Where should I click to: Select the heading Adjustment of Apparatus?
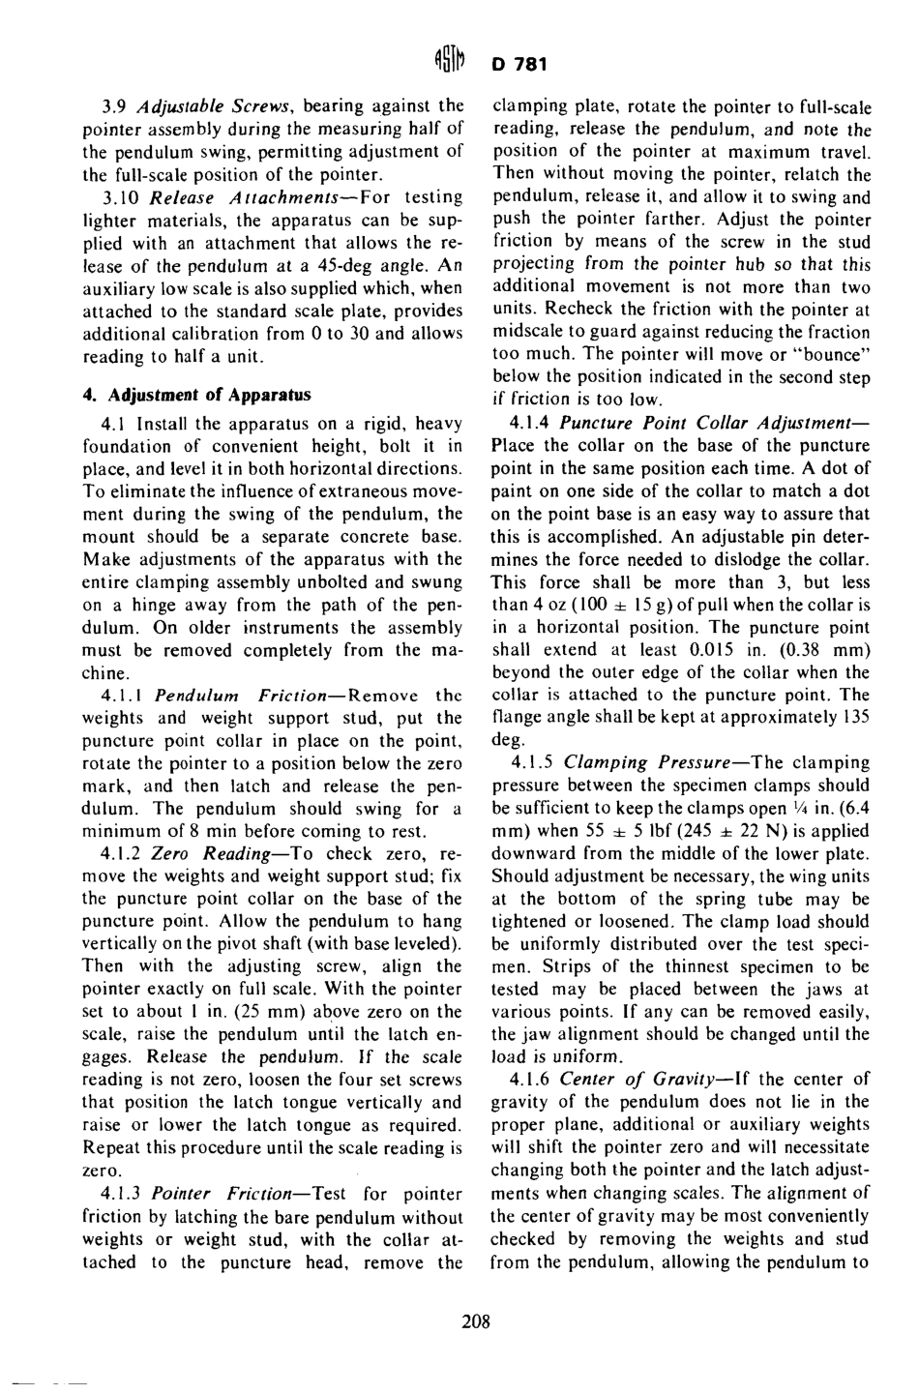[x=197, y=395]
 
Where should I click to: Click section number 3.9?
[x=117, y=105]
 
